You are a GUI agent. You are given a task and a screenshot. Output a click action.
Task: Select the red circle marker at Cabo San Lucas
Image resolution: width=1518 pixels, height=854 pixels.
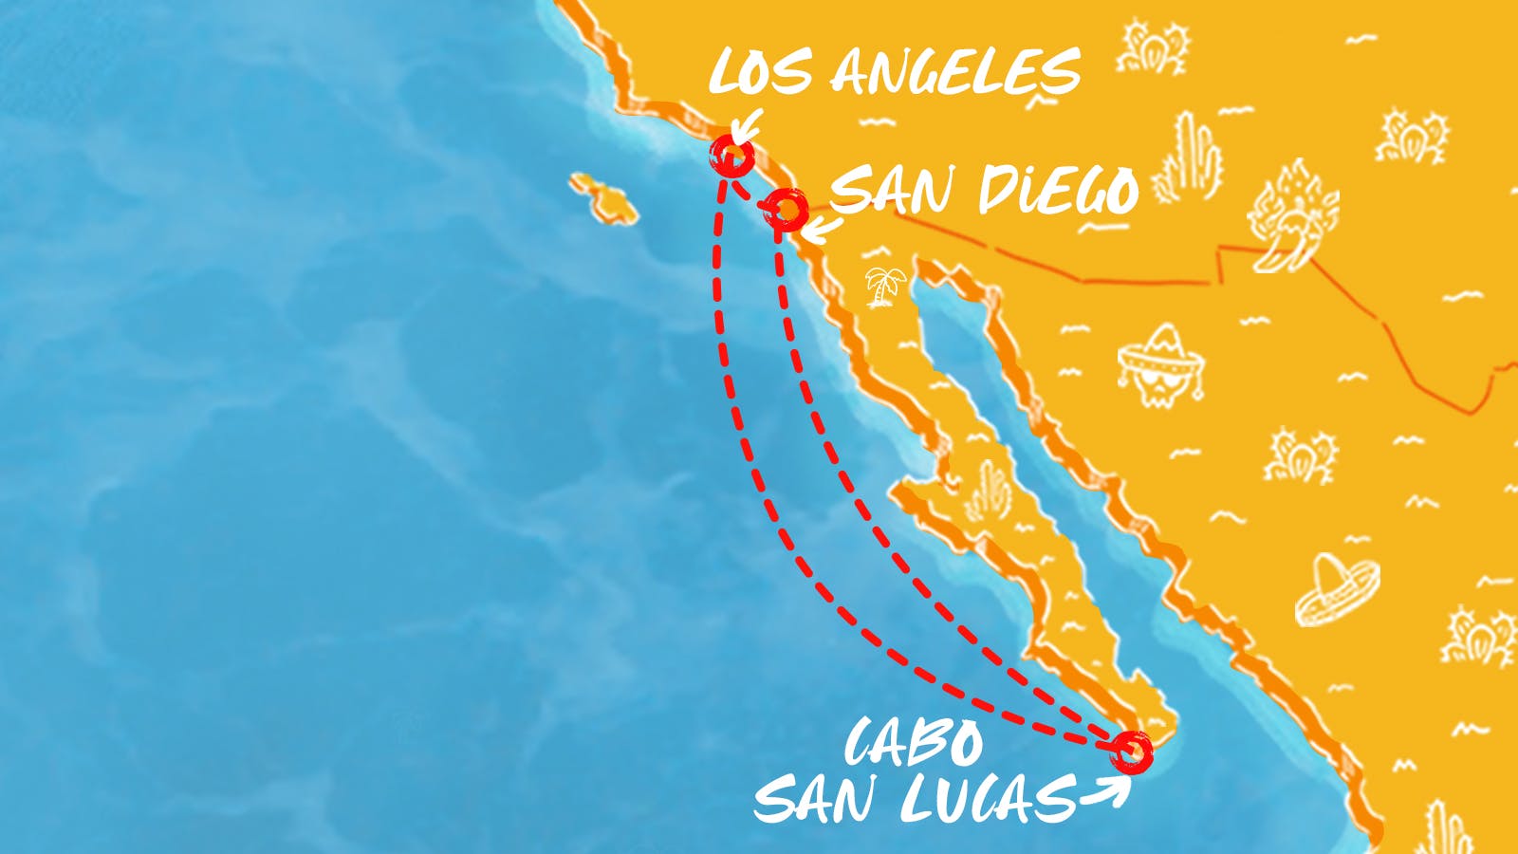tap(1132, 751)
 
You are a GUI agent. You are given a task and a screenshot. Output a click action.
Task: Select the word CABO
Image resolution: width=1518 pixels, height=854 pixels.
tap(913, 742)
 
